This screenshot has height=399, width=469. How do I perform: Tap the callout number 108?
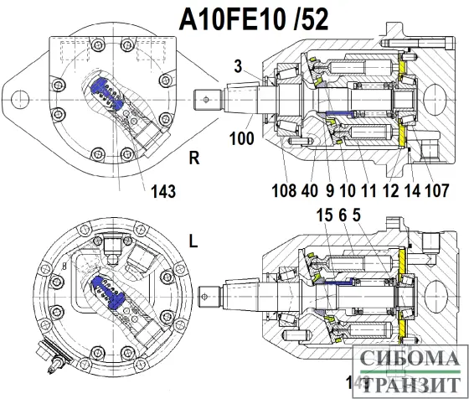[x=283, y=190]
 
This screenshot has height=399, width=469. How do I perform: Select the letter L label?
[x=193, y=242]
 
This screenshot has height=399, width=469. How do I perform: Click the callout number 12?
[x=389, y=190]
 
